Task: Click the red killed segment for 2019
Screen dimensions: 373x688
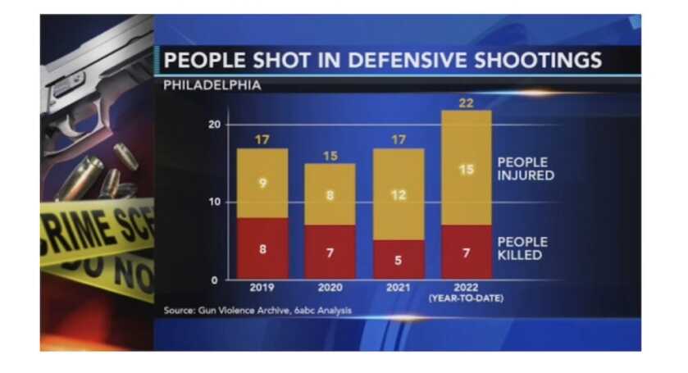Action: click(x=262, y=248)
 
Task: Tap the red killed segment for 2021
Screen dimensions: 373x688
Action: click(x=398, y=259)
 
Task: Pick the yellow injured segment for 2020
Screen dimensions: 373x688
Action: click(x=330, y=195)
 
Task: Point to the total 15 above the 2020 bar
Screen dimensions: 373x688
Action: click(x=330, y=156)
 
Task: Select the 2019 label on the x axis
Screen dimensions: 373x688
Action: click(x=262, y=288)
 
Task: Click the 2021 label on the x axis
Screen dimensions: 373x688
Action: click(x=398, y=288)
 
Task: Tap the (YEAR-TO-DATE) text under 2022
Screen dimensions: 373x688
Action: click(x=466, y=298)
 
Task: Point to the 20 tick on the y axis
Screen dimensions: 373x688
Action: click(x=214, y=125)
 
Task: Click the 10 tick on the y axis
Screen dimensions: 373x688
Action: click(x=214, y=202)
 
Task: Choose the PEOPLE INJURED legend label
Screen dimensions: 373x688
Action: click(x=526, y=168)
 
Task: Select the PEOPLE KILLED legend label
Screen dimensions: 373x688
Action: click(x=521, y=248)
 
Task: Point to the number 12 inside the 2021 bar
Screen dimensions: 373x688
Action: click(x=398, y=195)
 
